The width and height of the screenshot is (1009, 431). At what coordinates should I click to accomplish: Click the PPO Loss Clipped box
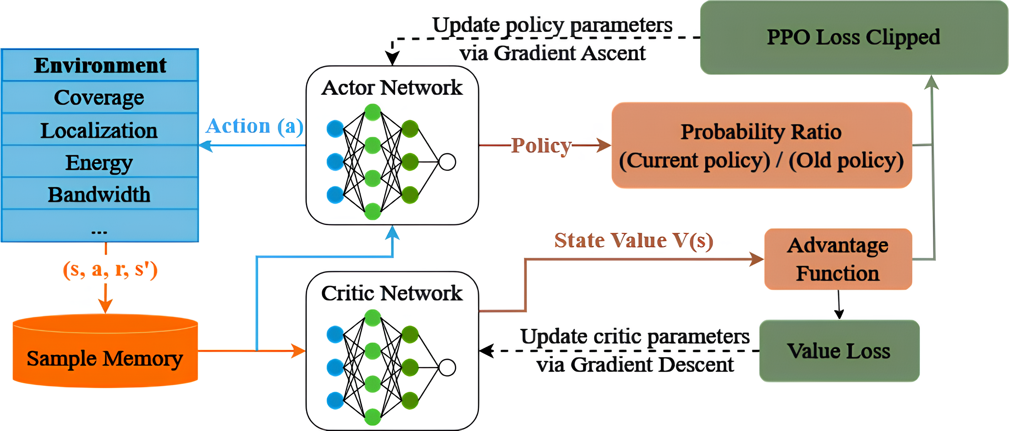[853, 37]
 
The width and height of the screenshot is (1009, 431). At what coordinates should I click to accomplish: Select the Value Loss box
[839, 351]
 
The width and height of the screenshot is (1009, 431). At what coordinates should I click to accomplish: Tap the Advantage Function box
[838, 259]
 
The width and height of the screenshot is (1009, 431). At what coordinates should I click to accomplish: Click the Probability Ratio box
[761, 146]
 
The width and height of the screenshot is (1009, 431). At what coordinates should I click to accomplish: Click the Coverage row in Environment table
[99, 98]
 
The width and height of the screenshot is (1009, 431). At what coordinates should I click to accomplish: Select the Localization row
[99, 130]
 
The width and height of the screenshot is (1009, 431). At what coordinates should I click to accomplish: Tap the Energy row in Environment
[99, 162]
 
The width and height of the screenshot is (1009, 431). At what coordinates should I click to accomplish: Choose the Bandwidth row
[99, 194]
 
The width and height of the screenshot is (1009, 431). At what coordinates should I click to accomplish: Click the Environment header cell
[99, 65]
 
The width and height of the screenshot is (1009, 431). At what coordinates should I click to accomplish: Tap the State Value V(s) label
[633, 240]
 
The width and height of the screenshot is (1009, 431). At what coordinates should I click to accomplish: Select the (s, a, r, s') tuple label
[110, 269]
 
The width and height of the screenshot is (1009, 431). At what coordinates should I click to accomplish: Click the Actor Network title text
[392, 87]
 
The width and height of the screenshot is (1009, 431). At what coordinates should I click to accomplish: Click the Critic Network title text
[392, 293]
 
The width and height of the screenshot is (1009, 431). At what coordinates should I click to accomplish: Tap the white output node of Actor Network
[447, 162]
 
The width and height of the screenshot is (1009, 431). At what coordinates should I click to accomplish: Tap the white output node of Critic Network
[447, 368]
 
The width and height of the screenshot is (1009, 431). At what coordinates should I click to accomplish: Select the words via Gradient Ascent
[552, 53]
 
